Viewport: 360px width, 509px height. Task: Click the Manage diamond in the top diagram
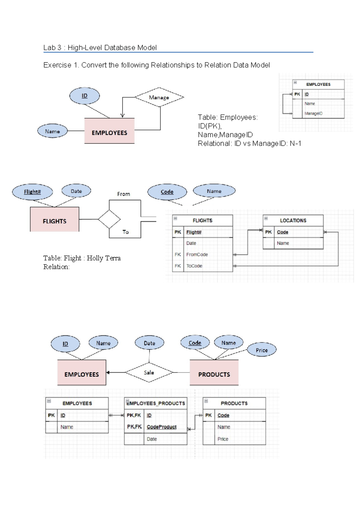pos(159,97)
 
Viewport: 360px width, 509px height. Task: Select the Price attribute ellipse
pos(262,350)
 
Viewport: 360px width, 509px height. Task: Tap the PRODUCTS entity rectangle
pos(214,373)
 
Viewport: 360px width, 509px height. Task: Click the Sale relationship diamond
pos(149,372)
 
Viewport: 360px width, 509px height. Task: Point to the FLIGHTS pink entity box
pos(55,220)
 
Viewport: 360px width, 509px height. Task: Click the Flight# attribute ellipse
pos(32,192)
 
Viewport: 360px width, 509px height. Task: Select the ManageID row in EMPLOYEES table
pos(313,113)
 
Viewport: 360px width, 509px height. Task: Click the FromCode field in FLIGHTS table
pos(197,254)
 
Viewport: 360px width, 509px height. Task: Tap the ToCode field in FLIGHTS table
pos(194,266)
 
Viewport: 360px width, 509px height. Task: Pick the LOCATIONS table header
pos(293,220)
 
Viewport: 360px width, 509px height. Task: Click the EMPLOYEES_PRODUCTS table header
pos(156,403)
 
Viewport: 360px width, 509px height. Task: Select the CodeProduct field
pos(161,427)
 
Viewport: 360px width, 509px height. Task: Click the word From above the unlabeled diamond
pos(124,194)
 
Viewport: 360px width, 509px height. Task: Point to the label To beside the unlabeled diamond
pos(125,232)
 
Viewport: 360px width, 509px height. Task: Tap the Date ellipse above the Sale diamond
pos(149,343)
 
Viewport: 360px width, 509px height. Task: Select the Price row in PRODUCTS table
pos(223,439)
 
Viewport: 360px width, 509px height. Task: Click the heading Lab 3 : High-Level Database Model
pos(100,48)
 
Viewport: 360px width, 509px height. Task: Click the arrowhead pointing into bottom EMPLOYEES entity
pos(108,372)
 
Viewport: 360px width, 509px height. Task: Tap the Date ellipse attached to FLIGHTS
pos(76,191)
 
